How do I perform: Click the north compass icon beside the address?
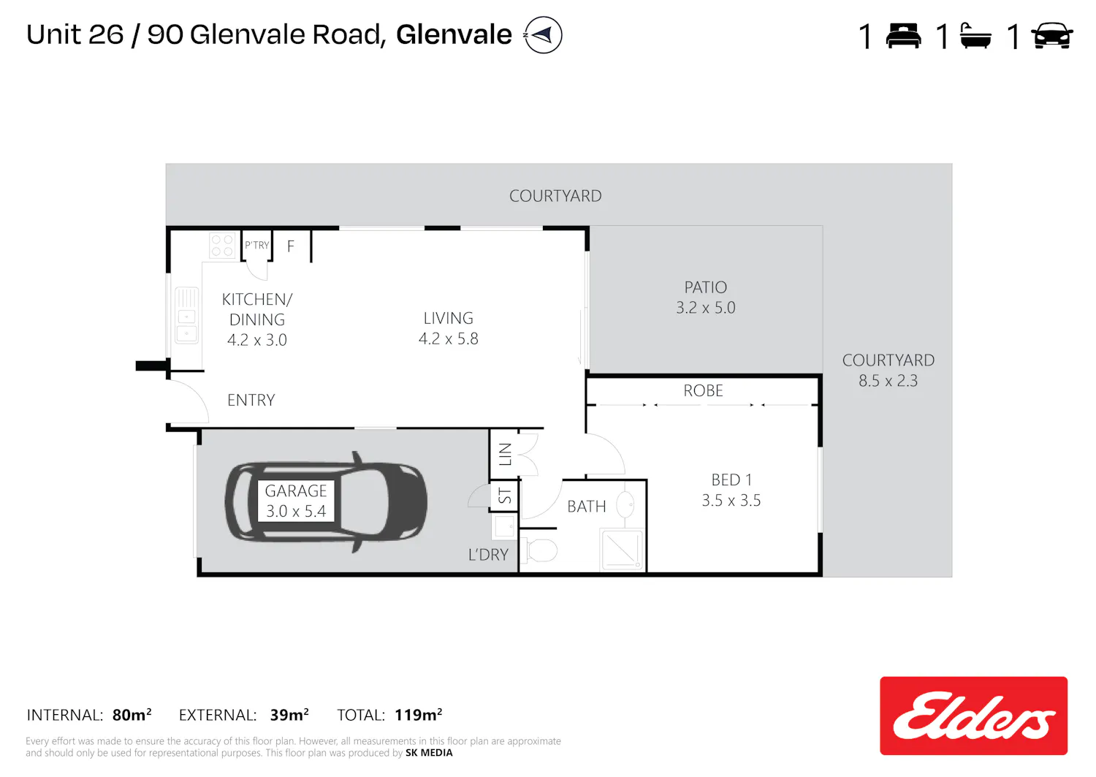[x=543, y=35]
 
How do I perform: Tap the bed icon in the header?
[x=903, y=36]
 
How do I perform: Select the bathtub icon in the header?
[x=976, y=36]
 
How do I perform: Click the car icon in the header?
[x=1052, y=36]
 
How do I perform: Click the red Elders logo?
[x=973, y=716]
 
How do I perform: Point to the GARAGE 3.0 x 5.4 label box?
[x=296, y=501]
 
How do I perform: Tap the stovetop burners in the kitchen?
[x=221, y=246]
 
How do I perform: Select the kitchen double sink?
[x=186, y=316]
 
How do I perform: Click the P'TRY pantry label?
[x=257, y=245]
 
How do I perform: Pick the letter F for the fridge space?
[x=291, y=246]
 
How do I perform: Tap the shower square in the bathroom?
[x=621, y=550]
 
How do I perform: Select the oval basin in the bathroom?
[x=625, y=504]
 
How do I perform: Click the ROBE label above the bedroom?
[x=703, y=391]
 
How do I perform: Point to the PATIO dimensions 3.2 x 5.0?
[x=706, y=308]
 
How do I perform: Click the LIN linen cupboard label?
[x=505, y=454]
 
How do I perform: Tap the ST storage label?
[x=505, y=496]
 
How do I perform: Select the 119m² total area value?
[x=419, y=715]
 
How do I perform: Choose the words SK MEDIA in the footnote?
[x=429, y=753]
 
